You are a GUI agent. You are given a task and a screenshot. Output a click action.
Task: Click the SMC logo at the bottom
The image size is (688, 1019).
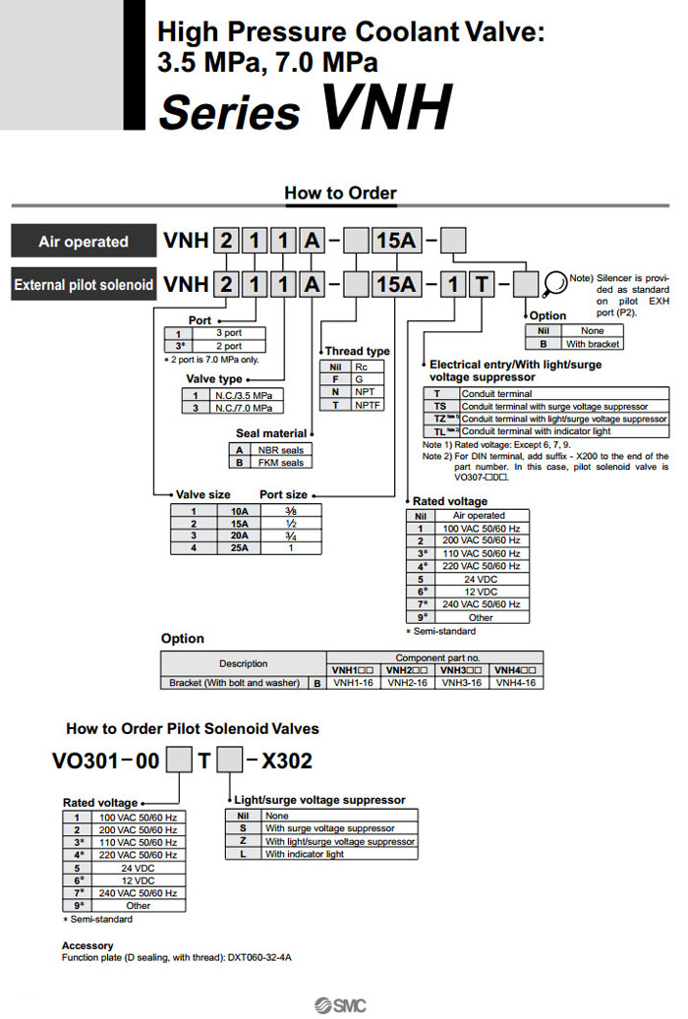click(x=339, y=1004)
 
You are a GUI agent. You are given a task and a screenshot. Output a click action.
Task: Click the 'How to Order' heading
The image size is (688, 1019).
click(x=340, y=193)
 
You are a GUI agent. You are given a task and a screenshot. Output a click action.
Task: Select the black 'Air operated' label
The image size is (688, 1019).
click(x=84, y=242)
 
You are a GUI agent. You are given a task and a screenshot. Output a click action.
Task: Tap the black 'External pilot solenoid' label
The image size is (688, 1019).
click(x=84, y=285)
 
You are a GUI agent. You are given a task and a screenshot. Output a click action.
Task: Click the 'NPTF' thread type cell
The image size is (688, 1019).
click(x=368, y=405)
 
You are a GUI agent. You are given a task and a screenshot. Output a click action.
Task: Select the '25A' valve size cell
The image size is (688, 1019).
click(x=239, y=548)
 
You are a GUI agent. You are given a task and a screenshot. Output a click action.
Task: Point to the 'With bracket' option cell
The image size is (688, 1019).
click(x=592, y=344)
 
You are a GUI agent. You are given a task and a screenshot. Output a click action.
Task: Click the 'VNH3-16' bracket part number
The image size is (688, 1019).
click(x=461, y=682)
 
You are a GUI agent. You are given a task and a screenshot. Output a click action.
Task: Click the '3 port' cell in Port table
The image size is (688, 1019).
click(x=228, y=333)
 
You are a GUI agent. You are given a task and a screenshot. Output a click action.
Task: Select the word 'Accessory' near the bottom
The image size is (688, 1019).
click(x=86, y=945)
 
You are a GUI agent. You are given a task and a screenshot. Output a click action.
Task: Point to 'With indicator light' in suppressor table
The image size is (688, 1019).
click(x=305, y=854)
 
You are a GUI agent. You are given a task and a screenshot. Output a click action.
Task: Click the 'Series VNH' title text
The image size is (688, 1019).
click(x=305, y=108)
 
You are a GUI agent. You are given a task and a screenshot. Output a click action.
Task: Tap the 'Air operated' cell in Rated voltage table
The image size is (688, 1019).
click(x=479, y=515)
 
